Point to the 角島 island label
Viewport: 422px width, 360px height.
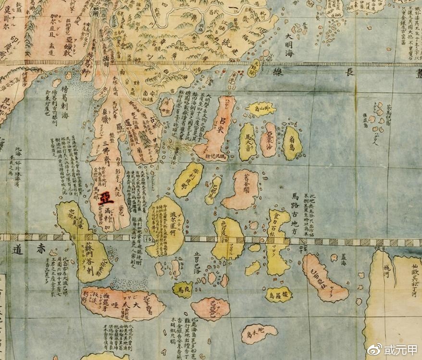[x=293, y=143]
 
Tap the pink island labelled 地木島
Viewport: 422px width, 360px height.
[x=259, y=332]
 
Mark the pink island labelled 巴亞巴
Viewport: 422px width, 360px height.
[x=210, y=308]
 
